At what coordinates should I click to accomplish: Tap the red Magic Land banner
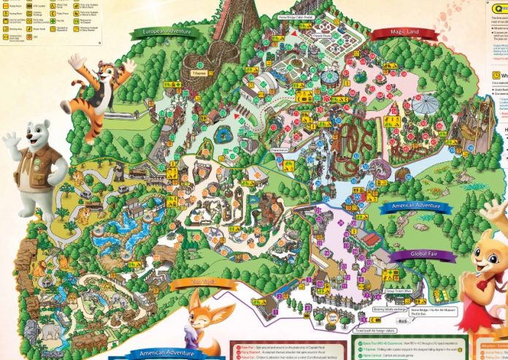pyautogui.click(x=395, y=34)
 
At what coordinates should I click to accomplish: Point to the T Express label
pyautogui.click(x=199, y=73)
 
